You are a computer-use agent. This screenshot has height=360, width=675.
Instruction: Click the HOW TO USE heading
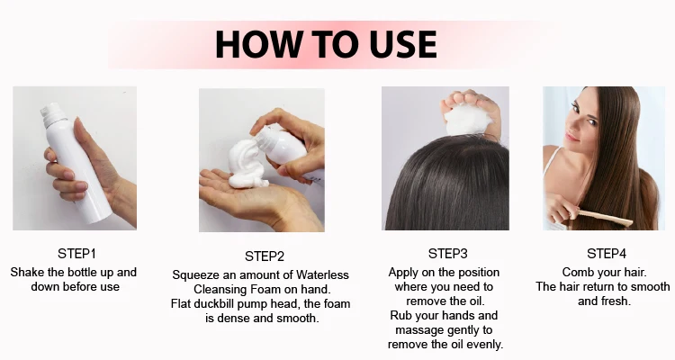point(326,44)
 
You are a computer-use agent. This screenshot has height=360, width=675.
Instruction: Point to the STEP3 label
point(448,253)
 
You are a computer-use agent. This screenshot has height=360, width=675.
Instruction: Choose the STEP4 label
point(606,254)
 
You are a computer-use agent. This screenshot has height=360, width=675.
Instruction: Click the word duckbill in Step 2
point(229,303)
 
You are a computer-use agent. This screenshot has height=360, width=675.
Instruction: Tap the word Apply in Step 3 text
point(404,272)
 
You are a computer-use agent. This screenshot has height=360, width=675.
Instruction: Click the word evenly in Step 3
point(484,344)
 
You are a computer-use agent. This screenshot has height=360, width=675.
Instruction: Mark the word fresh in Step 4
point(617,301)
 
